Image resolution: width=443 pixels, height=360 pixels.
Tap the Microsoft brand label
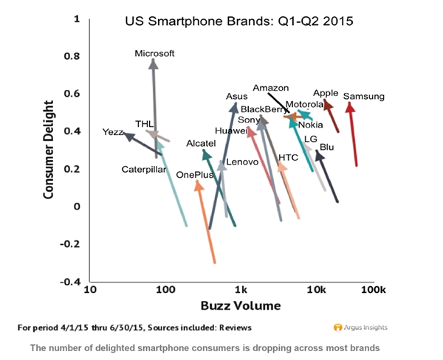155,53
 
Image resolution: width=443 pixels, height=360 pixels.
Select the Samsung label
364,97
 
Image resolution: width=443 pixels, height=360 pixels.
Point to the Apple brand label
326,93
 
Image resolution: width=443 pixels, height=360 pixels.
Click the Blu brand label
327,148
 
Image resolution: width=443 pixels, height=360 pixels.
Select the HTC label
288,158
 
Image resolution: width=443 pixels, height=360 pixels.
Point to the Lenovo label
242,161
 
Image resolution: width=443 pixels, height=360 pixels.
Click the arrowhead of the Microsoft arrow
154,63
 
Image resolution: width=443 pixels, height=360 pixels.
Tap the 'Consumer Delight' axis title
49,152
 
